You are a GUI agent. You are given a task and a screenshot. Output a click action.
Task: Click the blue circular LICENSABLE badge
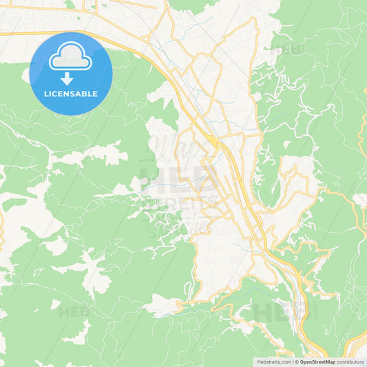tap(71, 73)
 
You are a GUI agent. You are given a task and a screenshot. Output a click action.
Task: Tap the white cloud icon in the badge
tap(71, 56)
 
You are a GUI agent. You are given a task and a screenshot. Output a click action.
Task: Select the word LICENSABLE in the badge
tap(71, 94)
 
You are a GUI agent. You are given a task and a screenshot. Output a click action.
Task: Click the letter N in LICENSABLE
tap(69, 94)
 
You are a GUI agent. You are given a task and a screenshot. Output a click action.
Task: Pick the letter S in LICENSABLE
tap(75, 94)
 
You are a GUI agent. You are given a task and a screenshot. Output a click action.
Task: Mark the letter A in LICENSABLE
tap(81, 94)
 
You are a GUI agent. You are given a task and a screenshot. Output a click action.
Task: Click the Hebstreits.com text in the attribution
tap(273, 361)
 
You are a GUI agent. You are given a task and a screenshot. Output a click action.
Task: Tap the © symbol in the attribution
tap(297, 361)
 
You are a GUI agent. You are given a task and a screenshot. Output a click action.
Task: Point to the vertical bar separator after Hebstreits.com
tap(293, 361)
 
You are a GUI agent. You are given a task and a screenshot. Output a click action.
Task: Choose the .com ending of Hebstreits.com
tap(285, 361)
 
